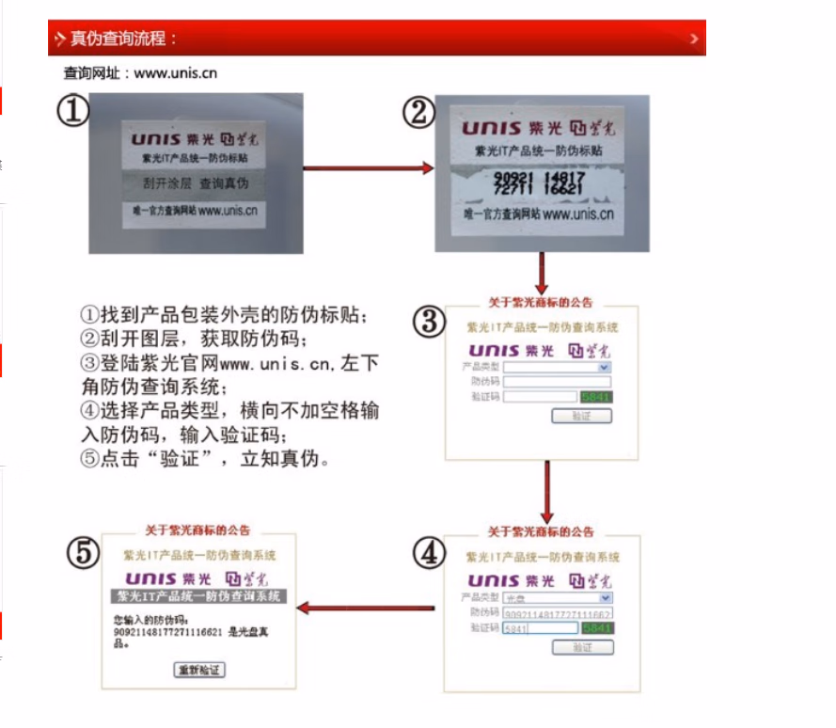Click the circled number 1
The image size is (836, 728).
(x=72, y=111)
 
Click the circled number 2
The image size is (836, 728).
(x=418, y=113)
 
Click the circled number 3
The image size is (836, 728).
(x=430, y=323)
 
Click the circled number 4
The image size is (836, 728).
(x=429, y=553)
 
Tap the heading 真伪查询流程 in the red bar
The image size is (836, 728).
(x=123, y=39)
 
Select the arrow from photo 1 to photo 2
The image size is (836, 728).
(x=369, y=168)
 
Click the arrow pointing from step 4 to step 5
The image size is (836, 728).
(x=367, y=609)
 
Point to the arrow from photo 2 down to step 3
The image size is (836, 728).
(x=542, y=274)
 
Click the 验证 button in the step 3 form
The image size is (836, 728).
(x=580, y=416)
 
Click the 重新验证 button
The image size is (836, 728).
(x=199, y=670)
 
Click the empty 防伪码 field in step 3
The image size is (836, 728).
(x=557, y=382)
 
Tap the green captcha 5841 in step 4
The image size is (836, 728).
(x=597, y=628)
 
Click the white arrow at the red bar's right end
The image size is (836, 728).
(x=694, y=39)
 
